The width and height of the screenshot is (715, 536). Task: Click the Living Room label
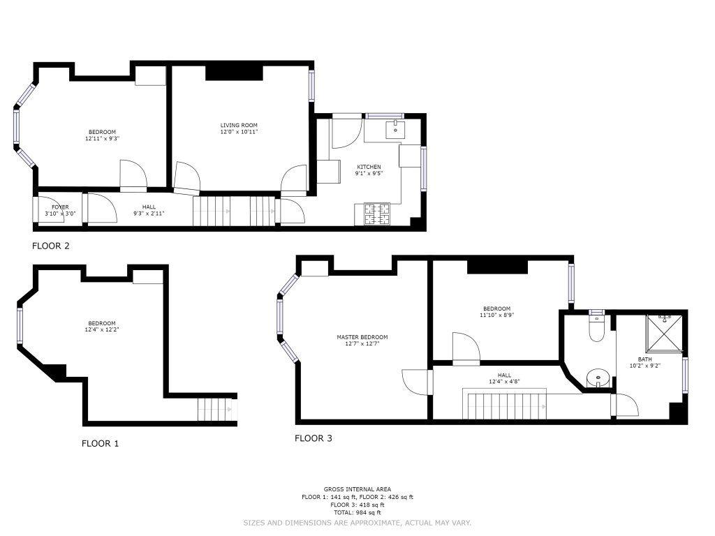click(x=239, y=126)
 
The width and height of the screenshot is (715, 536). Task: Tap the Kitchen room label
click(x=369, y=167)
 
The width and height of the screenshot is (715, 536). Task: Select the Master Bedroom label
click(x=362, y=337)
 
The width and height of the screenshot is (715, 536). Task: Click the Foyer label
click(x=60, y=207)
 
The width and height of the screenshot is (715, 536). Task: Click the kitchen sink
click(x=396, y=129)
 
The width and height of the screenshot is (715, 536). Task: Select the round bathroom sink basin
click(x=597, y=378)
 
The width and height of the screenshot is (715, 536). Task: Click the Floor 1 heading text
click(x=101, y=443)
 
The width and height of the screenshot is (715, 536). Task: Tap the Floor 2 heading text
click(x=50, y=246)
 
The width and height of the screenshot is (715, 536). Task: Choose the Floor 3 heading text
click(x=314, y=438)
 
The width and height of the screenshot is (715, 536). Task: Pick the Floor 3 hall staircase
click(x=504, y=403)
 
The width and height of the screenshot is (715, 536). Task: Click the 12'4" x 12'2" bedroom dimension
click(x=102, y=329)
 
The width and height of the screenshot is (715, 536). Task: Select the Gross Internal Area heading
click(x=357, y=489)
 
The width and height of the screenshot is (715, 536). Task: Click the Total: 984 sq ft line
click(x=357, y=513)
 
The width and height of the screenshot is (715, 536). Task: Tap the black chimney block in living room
click(x=235, y=73)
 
